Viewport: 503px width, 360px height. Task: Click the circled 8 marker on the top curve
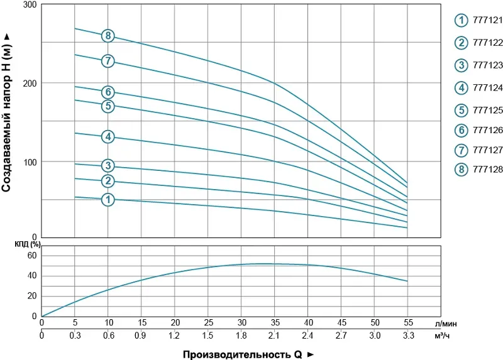(108, 36)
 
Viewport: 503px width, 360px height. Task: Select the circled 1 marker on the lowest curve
(108, 200)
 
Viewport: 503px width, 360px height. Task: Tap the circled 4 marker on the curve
(108, 136)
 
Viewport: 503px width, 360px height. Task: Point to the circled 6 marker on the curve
(108, 92)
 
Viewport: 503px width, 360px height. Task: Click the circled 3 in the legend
(462, 65)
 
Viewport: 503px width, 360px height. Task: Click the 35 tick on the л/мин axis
(274, 323)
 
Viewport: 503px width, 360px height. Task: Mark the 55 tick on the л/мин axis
(407, 323)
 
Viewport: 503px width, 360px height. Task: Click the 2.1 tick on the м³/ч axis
(274, 336)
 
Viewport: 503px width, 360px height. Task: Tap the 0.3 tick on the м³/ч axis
(75, 336)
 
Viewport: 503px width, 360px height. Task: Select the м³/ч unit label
(443, 336)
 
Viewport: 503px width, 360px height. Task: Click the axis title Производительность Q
(248, 354)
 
